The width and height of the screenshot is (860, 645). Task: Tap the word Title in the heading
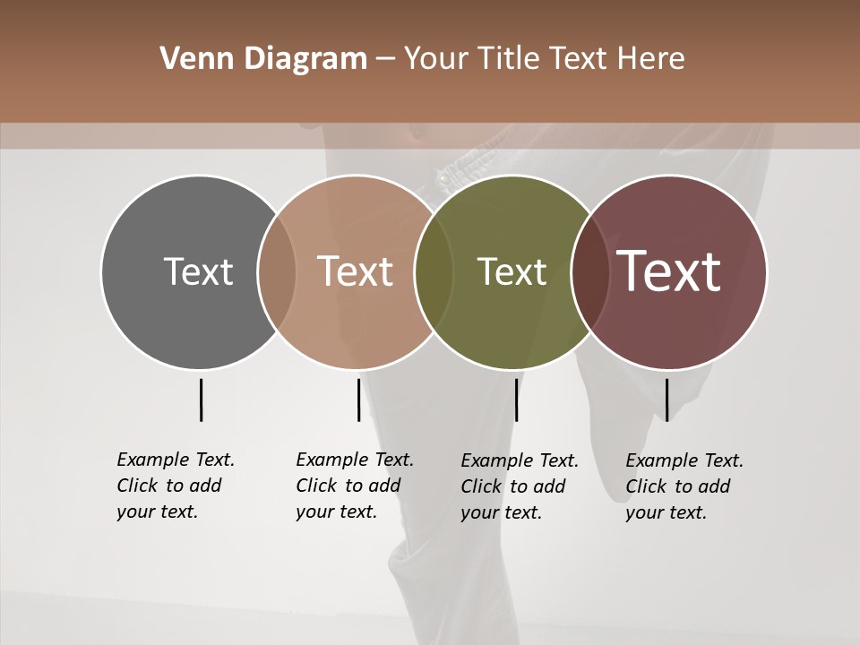coord(509,59)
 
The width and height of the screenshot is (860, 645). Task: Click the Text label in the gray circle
coord(198,271)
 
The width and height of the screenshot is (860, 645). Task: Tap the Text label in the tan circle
coord(355,271)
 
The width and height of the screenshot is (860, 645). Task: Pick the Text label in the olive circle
coord(512,271)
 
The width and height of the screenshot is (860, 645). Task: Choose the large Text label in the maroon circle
coord(669,271)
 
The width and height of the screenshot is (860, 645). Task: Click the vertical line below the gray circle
coord(201,400)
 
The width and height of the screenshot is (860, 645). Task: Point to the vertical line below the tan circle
coord(358,400)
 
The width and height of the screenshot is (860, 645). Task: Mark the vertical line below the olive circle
coord(516,400)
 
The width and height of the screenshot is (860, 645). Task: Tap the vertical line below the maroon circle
coord(666,400)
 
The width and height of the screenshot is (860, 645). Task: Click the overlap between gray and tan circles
coord(277,271)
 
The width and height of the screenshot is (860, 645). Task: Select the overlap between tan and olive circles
coord(434,271)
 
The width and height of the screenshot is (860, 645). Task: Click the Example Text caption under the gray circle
coord(175,486)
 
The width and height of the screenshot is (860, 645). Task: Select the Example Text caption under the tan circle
coord(354,486)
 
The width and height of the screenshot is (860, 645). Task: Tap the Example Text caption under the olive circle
coord(519,486)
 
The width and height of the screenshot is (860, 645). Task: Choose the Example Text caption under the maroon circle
coord(684,486)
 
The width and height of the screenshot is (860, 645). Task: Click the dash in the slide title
coord(385,60)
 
